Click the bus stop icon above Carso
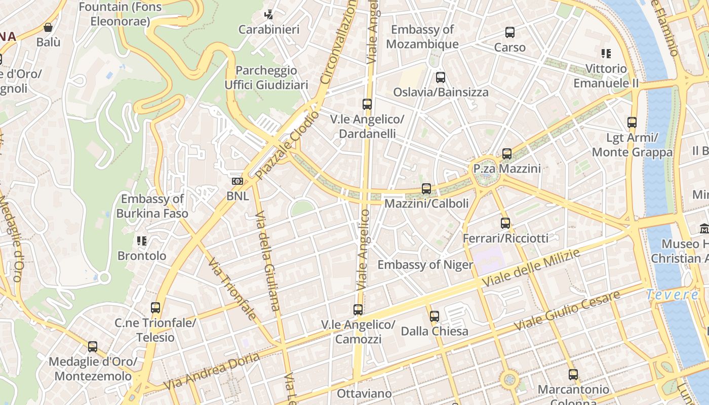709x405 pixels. tap(510, 32)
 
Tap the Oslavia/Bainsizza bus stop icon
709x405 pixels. tap(441, 77)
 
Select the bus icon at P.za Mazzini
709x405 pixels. tap(507, 154)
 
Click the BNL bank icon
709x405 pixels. tap(237, 181)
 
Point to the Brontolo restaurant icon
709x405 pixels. tap(142, 241)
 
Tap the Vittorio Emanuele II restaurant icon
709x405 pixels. tap(606, 54)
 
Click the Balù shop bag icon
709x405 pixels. tap(48, 27)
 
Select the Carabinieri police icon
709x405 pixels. tap(269, 15)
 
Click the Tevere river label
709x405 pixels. tap(672, 295)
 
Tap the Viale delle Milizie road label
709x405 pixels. tap(531, 269)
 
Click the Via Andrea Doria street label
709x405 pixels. tap(212, 371)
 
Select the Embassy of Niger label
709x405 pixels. tap(425, 265)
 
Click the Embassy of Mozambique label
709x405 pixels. tap(422, 36)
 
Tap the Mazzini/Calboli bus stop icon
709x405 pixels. tap(426, 189)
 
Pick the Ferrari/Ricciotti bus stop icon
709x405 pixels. tap(505, 223)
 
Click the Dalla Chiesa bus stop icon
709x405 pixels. tap(435, 316)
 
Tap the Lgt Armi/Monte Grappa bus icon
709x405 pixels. tap(632, 123)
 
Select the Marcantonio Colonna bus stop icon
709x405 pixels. tap(573, 375)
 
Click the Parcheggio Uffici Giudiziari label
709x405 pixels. tap(266, 77)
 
